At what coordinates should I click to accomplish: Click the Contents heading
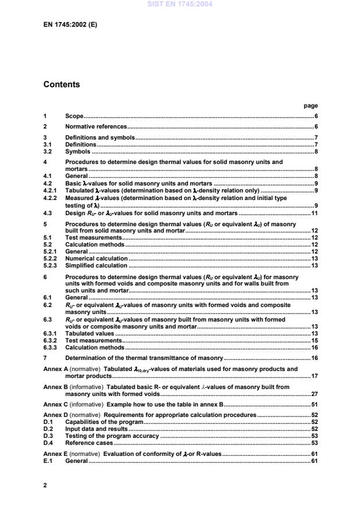(62, 85)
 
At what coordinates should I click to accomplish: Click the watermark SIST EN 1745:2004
(180, 4)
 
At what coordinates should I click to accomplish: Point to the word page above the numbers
(311, 106)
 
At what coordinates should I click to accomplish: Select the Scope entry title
(74, 116)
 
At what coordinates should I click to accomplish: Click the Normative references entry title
(96, 126)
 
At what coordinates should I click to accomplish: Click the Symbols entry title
(77, 152)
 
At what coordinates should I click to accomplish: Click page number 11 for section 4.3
(313, 213)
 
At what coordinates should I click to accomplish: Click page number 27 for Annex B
(313, 394)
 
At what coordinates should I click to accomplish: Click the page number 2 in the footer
(45, 484)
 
